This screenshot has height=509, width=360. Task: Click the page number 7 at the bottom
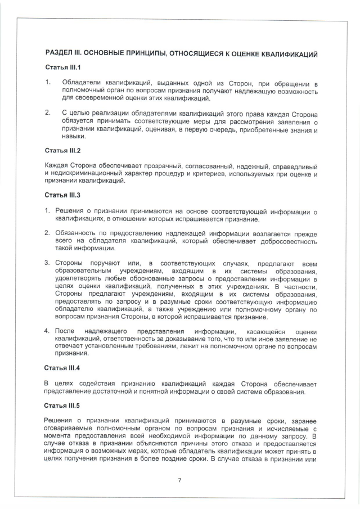tap(179, 480)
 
